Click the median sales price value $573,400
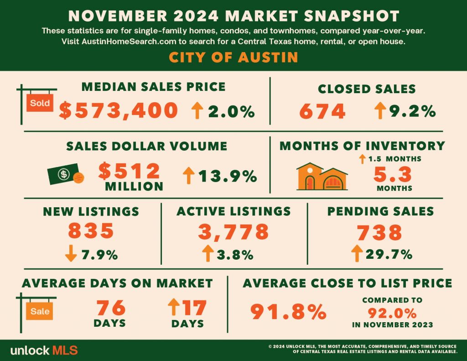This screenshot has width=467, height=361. click(119, 110)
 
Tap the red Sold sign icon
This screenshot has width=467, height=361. click(40, 103)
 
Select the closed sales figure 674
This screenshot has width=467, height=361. click(322, 111)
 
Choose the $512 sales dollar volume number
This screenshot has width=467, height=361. click(129, 171)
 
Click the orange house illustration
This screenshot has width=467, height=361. click(322, 177)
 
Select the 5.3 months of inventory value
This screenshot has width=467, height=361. click(393, 174)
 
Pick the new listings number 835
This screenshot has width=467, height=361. click(91, 230)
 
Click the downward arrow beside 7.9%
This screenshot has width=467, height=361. click(71, 253)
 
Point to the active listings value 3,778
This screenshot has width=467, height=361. click(233, 231)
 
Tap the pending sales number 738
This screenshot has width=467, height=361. click(379, 232)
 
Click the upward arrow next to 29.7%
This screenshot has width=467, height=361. click(357, 253)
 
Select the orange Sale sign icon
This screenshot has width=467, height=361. click(40, 311)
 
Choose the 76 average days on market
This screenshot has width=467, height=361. click(110, 308)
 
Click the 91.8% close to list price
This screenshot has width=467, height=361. click(288, 312)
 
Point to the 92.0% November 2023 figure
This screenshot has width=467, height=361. click(392, 313)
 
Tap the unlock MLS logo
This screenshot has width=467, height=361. click(44, 350)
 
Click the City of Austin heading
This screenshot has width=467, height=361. click(233, 57)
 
